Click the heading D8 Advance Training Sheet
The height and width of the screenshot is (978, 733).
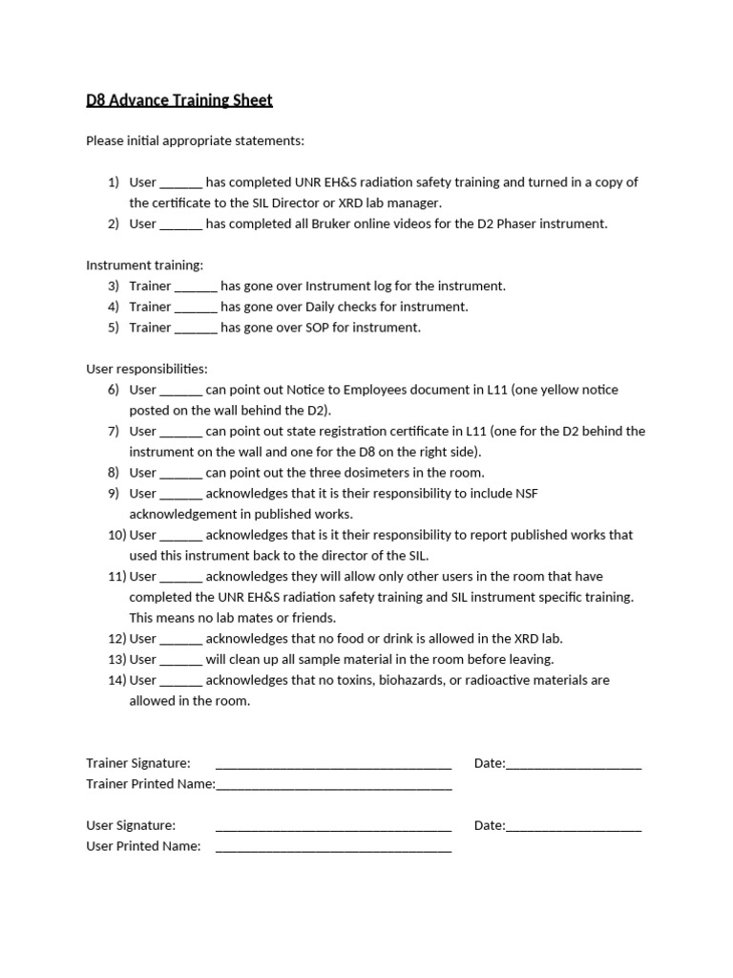[179, 100]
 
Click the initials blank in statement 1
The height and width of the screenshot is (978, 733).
[180, 182]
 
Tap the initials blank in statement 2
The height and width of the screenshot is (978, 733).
[180, 224]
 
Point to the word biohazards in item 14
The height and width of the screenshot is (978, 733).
[418, 680]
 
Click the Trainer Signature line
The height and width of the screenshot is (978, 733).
[333, 764]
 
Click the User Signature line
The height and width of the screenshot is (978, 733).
[333, 826]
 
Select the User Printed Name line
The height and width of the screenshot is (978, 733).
[333, 847]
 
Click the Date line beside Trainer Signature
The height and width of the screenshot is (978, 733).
[574, 764]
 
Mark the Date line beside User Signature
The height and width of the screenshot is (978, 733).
[574, 826]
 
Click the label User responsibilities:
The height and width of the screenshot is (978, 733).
[147, 369]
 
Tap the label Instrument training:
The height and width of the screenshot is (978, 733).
[144, 266]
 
